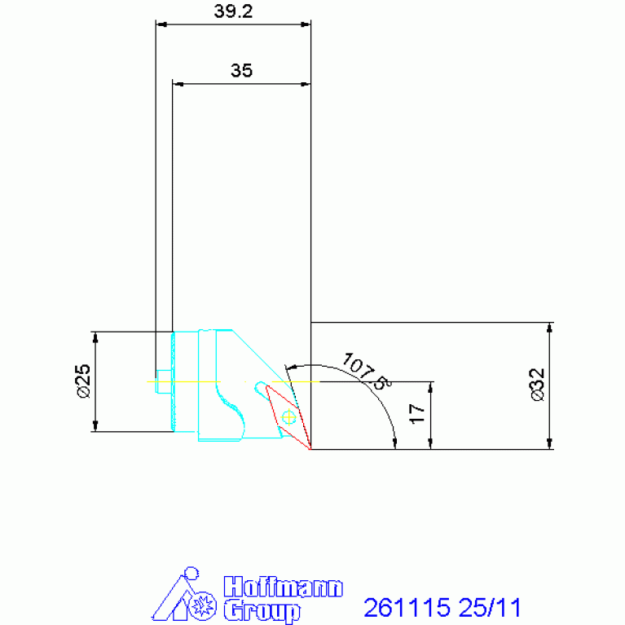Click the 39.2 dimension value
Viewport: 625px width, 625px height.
click(233, 11)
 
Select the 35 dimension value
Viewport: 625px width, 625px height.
click(241, 71)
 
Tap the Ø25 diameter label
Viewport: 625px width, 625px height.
click(84, 381)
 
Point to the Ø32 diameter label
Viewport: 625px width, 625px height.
click(537, 385)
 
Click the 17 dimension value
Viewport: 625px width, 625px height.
click(417, 414)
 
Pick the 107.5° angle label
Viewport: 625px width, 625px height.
click(367, 371)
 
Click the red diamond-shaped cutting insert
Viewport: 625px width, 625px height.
click(288, 417)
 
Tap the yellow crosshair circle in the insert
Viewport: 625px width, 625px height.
click(288, 417)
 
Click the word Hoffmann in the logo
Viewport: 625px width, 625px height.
click(283, 587)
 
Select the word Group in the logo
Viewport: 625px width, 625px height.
click(262, 610)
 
